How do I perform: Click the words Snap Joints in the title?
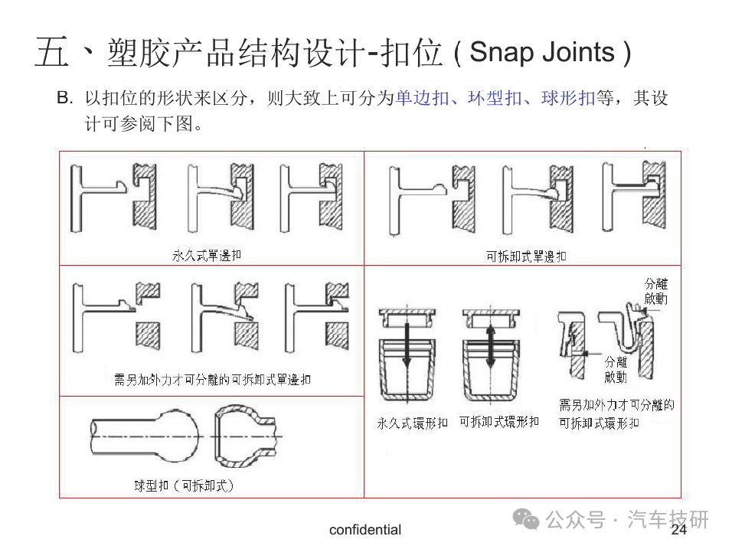pos(542,52)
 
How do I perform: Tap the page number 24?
pos(679,530)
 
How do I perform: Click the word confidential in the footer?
pos(365,530)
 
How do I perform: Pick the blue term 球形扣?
pos(568,99)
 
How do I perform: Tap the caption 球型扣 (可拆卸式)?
pos(184,485)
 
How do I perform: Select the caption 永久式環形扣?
pos(412,423)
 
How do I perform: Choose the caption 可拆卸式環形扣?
pos(498,422)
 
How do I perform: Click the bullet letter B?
pos(64,99)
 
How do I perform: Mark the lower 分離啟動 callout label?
pos(616,369)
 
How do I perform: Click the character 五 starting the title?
pos(51,54)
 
